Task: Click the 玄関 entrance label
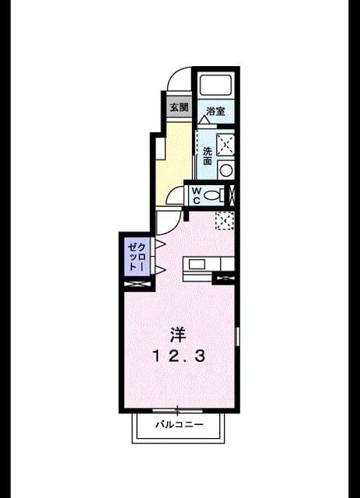179,107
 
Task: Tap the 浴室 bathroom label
215,111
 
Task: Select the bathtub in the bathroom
215,85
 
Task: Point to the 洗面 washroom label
208,156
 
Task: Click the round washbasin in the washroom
226,170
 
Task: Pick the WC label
197,195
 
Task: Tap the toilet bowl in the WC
211,195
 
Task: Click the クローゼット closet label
138,256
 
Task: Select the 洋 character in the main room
178,335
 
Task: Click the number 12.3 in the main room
178,356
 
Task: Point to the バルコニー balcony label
179,424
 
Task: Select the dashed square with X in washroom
225,145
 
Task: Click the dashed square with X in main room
225,220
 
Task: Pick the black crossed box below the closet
137,285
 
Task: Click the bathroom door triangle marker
204,120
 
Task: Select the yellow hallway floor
175,163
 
